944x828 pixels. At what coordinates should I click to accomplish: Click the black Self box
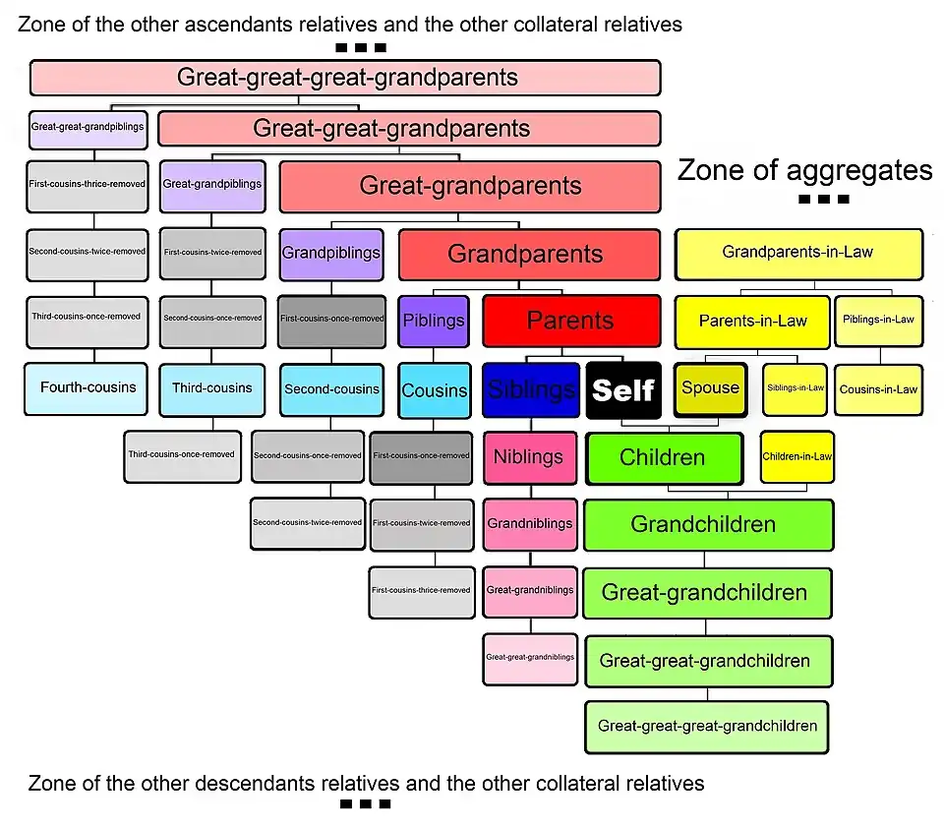623,389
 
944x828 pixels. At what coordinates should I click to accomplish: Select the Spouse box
710,387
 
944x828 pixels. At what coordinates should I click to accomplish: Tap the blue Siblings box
530,389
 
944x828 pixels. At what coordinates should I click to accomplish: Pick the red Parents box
570,321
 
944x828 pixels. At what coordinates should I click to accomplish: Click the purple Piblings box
434,321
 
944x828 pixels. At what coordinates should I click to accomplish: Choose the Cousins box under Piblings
434,389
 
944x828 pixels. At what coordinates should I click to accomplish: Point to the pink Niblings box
529,457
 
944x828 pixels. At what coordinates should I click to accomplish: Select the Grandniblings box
530,523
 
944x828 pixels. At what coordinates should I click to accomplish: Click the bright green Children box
663,457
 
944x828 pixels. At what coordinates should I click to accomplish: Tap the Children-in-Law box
796,456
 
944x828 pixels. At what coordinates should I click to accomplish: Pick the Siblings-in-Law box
795,388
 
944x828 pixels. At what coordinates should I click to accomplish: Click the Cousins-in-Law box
878,388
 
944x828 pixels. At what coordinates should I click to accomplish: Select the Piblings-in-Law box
878,320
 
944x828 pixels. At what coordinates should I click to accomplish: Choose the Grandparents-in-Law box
797,253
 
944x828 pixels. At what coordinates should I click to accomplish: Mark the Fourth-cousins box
88,387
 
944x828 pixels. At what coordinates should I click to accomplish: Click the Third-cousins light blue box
212,387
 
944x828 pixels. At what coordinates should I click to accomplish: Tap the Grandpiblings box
331,253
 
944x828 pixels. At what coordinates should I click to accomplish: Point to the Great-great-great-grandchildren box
707,727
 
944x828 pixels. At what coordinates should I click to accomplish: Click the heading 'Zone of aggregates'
804,171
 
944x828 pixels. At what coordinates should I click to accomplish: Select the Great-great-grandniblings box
530,656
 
